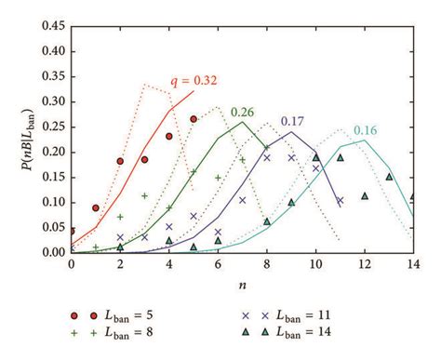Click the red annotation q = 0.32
pos(194,81)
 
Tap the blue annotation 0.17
pos(318,121)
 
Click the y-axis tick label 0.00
pos(52,252)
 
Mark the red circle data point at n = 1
pos(96,208)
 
